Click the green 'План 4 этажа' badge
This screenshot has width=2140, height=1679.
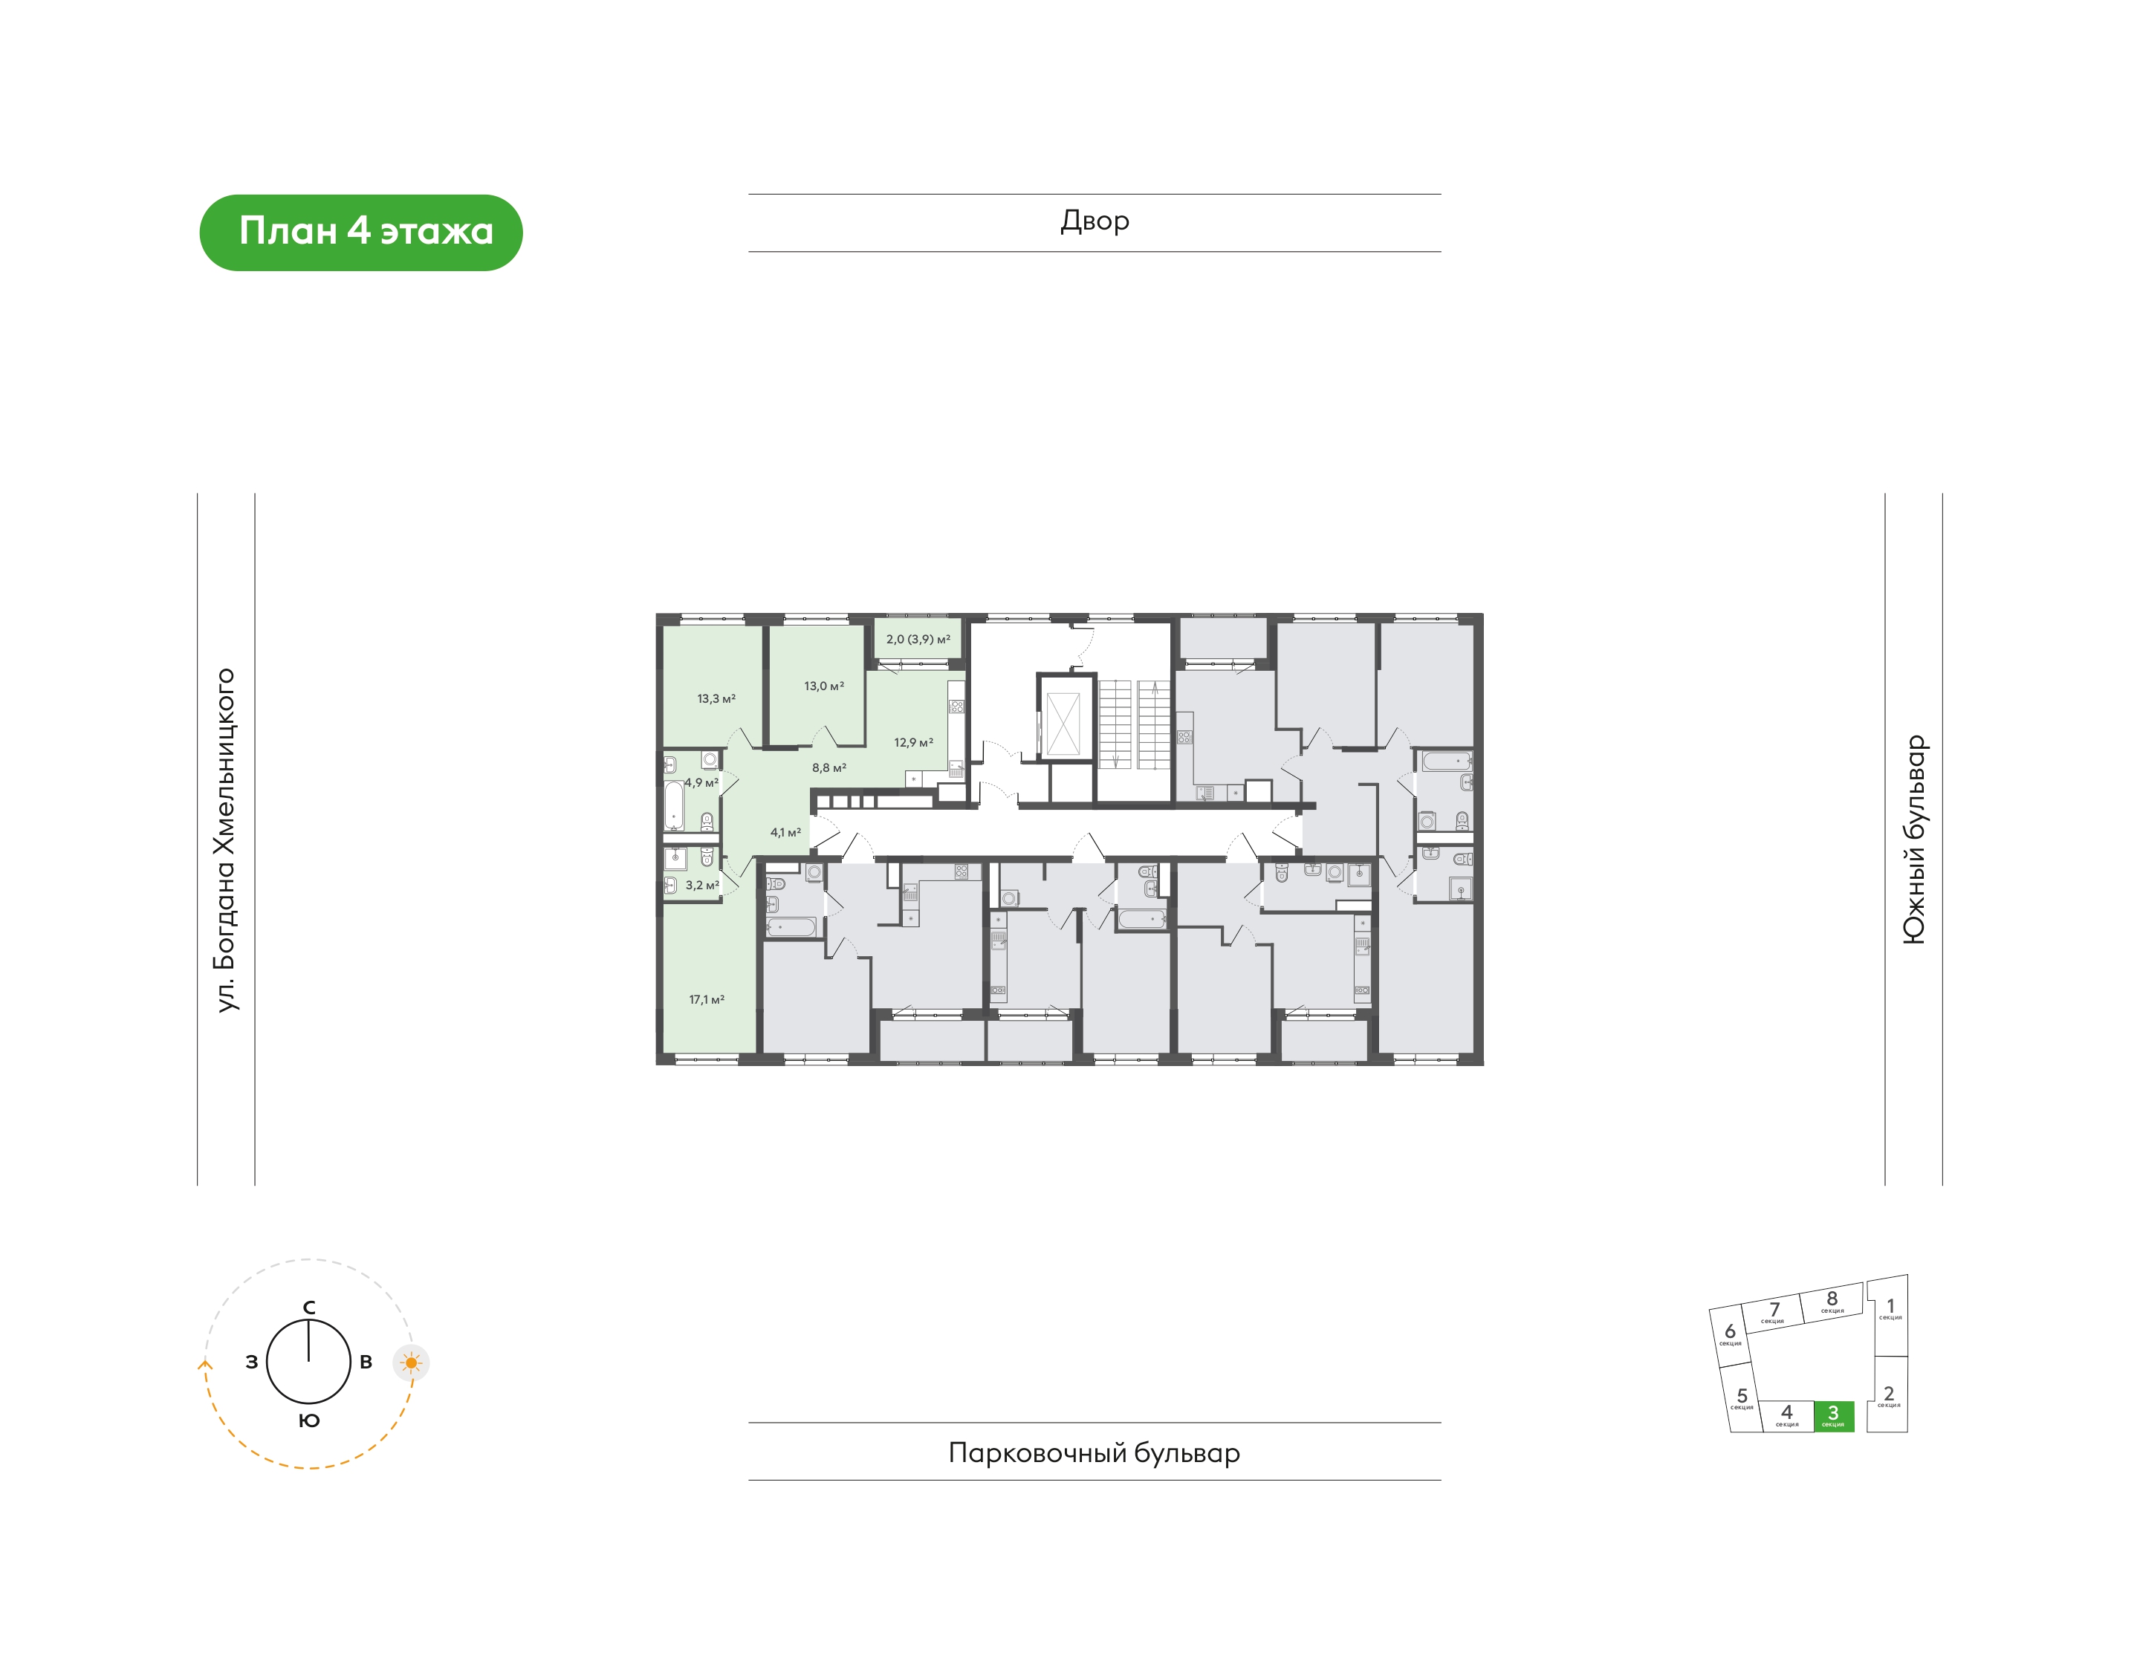pos(361,232)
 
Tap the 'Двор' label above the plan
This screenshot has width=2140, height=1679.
pos(1094,221)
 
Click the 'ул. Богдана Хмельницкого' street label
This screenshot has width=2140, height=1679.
pos(226,839)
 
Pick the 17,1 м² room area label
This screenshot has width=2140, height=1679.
pos(706,1000)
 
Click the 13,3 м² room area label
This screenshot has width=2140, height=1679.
pos(716,699)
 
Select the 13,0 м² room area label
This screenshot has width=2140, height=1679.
pos(824,686)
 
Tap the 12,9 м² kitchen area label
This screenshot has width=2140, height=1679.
pos(913,743)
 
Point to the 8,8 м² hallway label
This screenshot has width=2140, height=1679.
pos(829,767)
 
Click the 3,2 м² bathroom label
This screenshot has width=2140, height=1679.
pos(702,885)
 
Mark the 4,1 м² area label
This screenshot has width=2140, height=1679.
pos(785,833)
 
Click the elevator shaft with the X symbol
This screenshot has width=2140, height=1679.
pos(1063,724)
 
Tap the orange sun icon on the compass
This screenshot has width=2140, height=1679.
pos(411,1363)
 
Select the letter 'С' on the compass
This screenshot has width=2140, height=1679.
pos(308,1308)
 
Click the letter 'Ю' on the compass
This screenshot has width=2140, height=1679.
pos(308,1420)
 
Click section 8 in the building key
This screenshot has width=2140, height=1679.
pos(1832,1301)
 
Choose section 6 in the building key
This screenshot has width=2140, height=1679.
pos(1730,1336)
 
